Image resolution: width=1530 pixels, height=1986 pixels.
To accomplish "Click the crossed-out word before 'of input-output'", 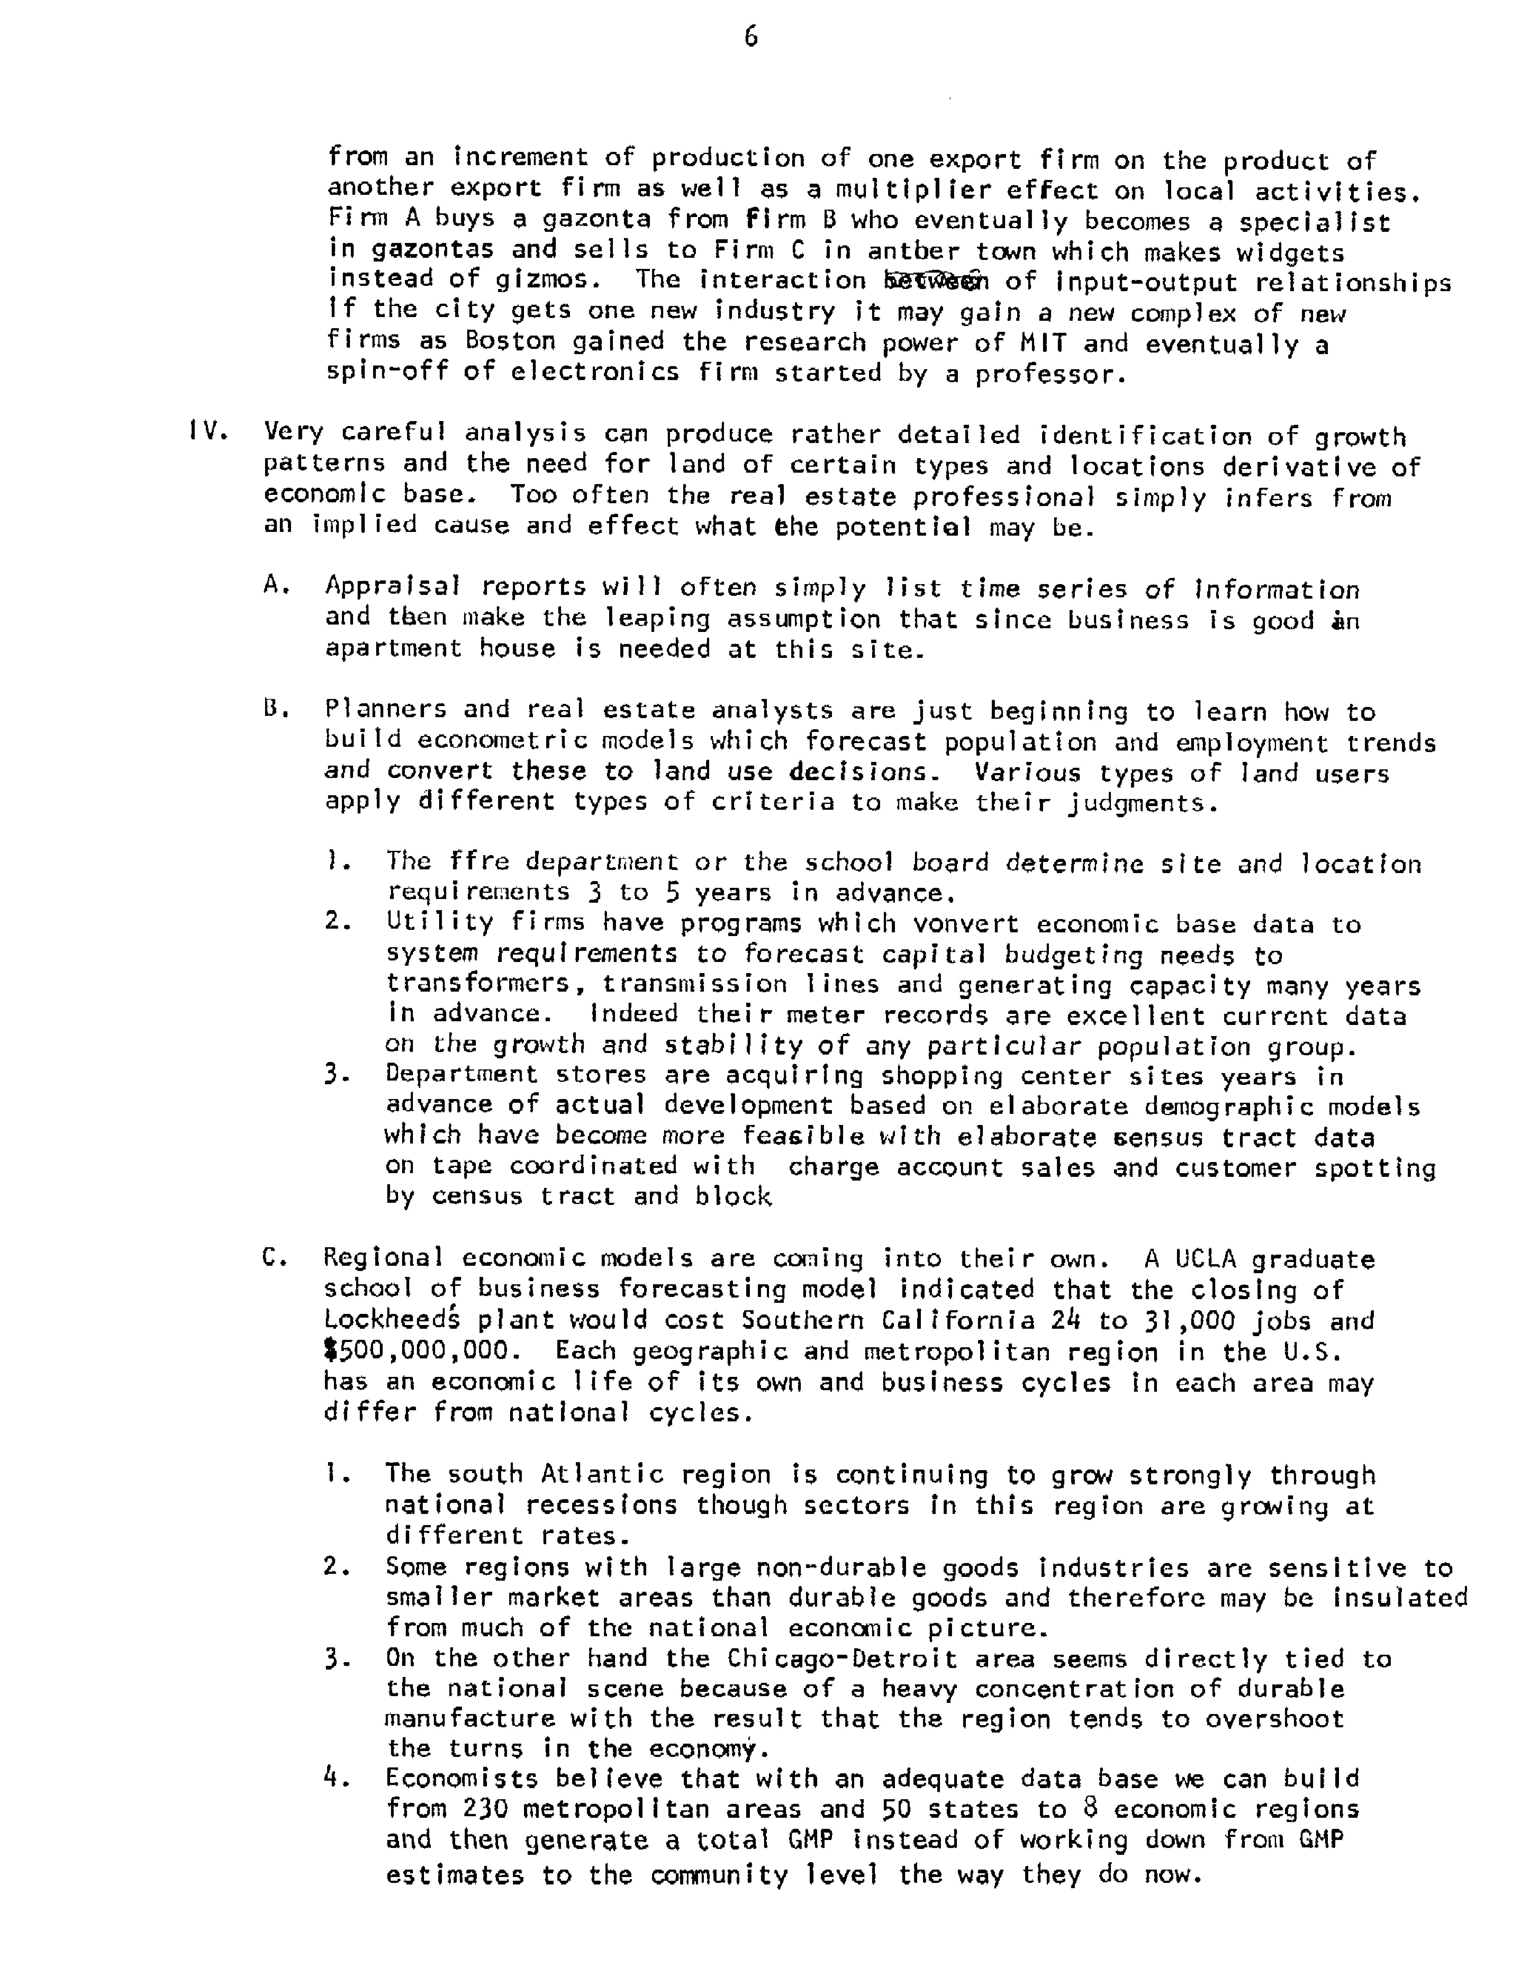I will coord(927,281).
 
